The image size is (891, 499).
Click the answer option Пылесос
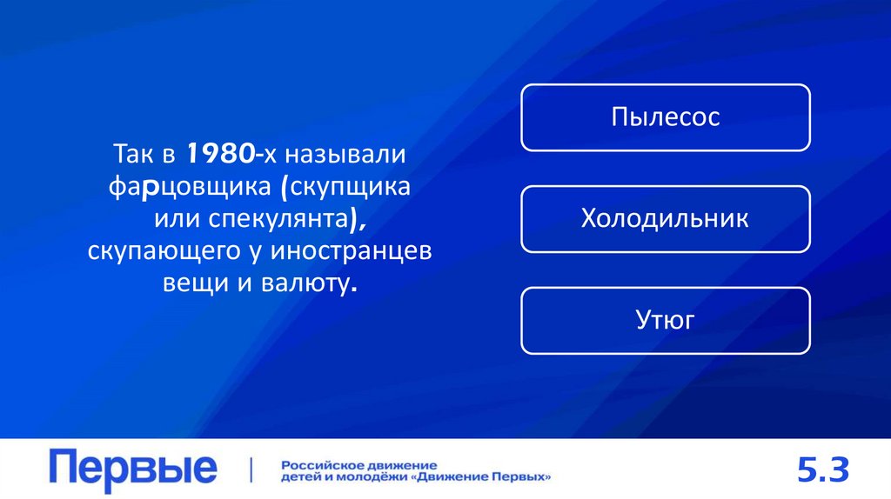(665, 117)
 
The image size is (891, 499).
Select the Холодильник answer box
(665, 218)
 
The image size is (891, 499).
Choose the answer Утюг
(665, 321)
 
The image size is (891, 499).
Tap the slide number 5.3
(822, 470)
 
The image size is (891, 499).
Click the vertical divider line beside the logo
(251, 469)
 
